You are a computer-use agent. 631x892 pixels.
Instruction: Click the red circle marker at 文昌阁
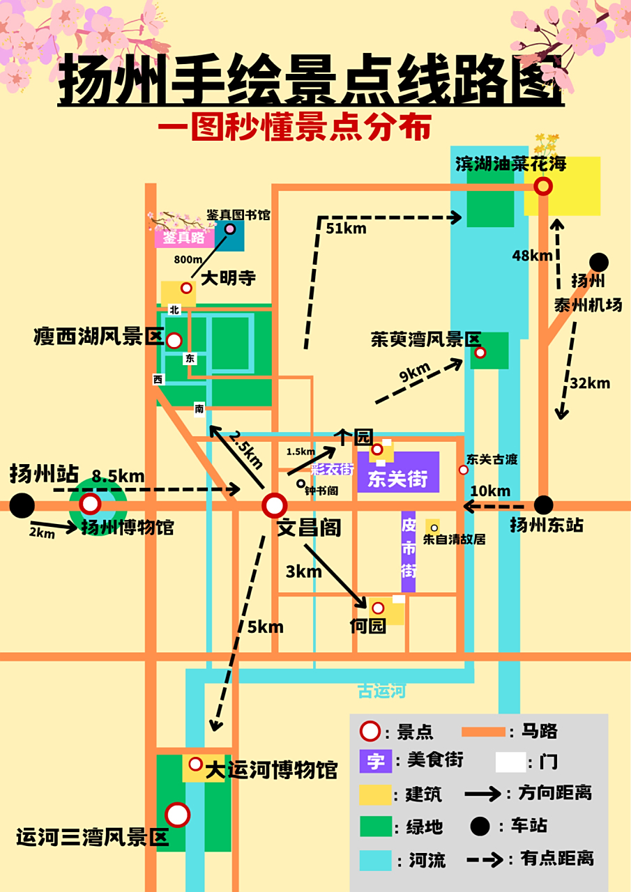click(x=275, y=505)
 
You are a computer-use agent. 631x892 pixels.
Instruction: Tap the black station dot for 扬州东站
click(x=543, y=505)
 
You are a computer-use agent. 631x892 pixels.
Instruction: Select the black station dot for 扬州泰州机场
click(x=598, y=263)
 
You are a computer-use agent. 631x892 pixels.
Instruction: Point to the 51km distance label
click(x=346, y=227)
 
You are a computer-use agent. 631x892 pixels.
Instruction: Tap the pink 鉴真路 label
click(x=184, y=238)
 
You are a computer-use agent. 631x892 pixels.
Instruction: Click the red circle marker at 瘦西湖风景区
click(x=174, y=341)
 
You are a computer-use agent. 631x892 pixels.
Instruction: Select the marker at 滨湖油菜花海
click(x=543, y=186)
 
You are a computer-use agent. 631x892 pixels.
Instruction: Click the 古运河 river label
click(x=381, y=691)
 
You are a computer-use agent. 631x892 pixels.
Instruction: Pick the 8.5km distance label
click(x=119, y=477)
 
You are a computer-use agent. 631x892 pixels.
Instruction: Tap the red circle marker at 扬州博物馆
click(x=90, y=504)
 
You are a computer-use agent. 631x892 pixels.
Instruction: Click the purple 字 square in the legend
click(x=376, y=760)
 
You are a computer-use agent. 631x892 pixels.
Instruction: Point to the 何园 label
click(x=367, y=626)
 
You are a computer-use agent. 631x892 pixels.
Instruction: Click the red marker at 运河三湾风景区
click(x=178, y=815)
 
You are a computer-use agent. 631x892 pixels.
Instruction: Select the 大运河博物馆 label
click(x=271, y=770)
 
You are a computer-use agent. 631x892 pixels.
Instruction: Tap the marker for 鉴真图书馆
click(x=229, y=229)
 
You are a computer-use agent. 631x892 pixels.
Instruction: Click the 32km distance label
click(x=590, y=383)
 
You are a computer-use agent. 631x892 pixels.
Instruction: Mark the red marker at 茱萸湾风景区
click(x=480, y=353)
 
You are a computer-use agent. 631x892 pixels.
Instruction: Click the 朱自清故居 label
click(x=454, y=539)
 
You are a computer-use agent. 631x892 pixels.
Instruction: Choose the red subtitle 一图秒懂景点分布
click(x=294, y=128)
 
